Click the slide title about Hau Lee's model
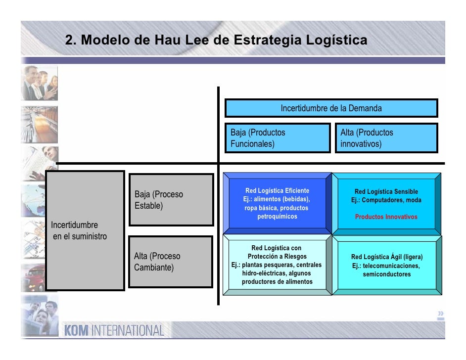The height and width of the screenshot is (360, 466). [x=216, y=40]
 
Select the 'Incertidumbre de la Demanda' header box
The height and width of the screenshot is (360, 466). [x=331, y=108]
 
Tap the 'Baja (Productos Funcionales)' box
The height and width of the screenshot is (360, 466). [x=277, y=138]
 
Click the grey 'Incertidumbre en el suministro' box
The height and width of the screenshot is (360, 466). [x=85, y=230]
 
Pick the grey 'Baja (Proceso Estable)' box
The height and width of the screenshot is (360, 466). [x=171, y=200]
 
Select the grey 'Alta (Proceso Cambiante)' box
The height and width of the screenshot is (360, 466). [x=171, y=262]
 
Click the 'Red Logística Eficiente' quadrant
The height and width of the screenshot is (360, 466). [x=277, y=203]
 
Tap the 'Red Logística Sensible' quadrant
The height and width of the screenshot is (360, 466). [x=386, y=203]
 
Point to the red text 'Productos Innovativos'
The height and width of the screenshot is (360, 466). [x=386, y=217]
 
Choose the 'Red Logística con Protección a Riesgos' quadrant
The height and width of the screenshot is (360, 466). [x=277, y=265]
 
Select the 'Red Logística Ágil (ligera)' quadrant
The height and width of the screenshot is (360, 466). [x=386, y=265]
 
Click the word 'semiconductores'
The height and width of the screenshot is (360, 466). [x=386, y=274]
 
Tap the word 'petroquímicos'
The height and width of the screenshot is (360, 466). [x=277, y=217]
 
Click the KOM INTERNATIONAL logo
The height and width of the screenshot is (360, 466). [x=114, y=330]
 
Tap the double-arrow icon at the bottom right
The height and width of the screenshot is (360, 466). [x=440, y=316]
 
